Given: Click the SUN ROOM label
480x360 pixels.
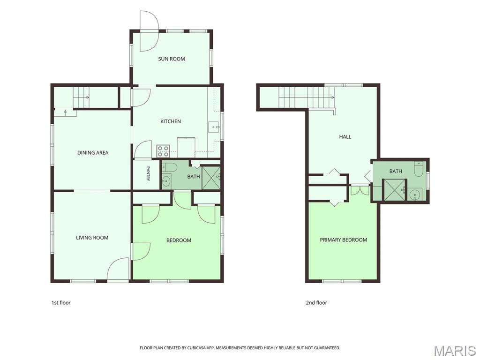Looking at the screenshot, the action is pos(172,59).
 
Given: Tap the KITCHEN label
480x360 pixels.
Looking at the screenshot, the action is pos(171,121).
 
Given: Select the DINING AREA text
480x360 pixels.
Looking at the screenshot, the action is pos(93,152).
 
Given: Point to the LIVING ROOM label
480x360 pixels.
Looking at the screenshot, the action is pos(92,238).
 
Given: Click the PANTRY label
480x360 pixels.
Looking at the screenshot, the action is pos(148,173).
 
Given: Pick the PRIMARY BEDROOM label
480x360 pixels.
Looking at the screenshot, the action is pos(344,240).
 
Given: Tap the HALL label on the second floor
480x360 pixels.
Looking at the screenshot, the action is pos(345,136).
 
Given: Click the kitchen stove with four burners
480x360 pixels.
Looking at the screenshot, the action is pos(163,151).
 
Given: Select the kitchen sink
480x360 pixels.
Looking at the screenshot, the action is pos(214,127).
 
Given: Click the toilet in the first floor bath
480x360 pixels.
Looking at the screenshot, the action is pos(169,167).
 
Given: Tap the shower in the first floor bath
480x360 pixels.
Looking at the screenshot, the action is pos(211,178).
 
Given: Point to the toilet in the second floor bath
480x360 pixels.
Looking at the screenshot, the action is pos(419,169).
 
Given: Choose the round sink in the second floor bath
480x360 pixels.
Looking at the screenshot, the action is pos(415,194).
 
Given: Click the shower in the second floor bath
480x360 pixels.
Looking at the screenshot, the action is pos(395,190).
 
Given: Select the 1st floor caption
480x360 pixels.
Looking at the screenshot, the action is pos(61,302).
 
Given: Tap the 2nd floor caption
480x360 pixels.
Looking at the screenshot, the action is pos(316,302).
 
